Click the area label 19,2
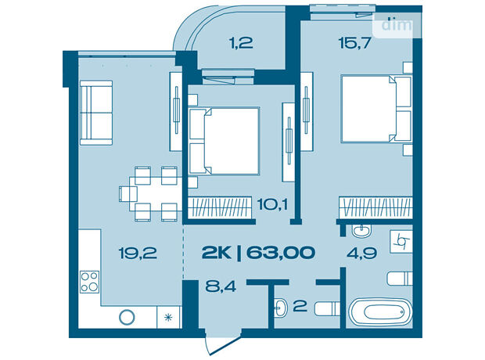[138, 254]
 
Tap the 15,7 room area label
[354, 43]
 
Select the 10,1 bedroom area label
[272, 204]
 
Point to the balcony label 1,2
[241, 43]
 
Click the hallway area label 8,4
[221, 286]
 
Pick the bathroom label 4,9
[361, 254]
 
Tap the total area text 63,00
[281, 253]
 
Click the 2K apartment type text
[216, 253]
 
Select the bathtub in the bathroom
[380, 311]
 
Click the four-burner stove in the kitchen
[90, 282]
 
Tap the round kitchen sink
[128, 317]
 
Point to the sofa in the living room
[96, 113]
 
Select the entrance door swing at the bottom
[223, 345]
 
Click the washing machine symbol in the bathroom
[401, 242]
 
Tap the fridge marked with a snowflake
[168, 317]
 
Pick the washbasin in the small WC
[280, 308]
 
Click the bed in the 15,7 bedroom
[376, 109]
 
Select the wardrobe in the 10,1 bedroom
[220, 207]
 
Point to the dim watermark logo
[397, 25]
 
